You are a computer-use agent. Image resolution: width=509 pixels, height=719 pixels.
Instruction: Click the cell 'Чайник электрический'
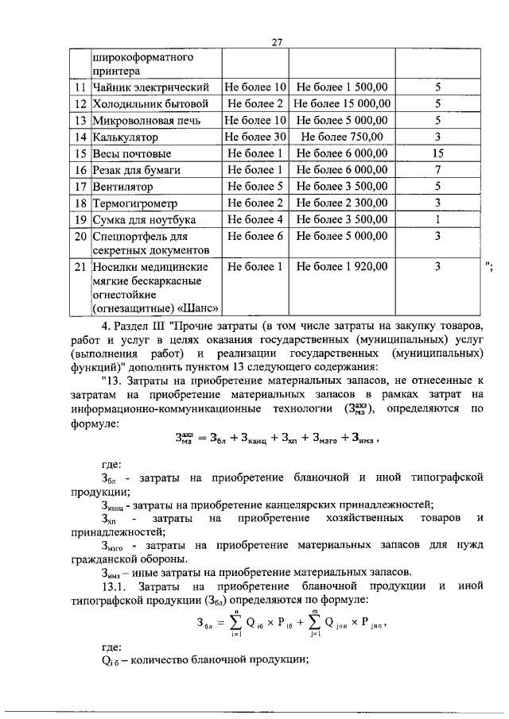click(x=150, y=87)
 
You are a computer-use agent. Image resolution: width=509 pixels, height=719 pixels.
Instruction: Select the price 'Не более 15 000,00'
click(x=342, y=103)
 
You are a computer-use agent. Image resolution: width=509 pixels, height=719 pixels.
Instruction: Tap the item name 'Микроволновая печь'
click(x=143, y=120)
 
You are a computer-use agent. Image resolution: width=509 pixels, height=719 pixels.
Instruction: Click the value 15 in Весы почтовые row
click(x=437, y=153)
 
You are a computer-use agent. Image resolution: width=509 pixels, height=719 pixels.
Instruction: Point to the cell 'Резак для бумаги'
click(x=136, y=170)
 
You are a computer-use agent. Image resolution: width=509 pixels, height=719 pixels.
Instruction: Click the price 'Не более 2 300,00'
click(x=342, y=203)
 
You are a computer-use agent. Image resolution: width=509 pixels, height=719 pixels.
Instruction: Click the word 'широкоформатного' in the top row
click(x=144, y=57)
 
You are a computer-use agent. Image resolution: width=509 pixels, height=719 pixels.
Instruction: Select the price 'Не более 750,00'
click(x=342, y=137)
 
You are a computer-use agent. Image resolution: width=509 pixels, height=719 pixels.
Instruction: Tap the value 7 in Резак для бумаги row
click(x=437, y=170)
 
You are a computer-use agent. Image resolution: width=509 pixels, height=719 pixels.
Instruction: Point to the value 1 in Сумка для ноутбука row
click(x=437, y=220)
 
